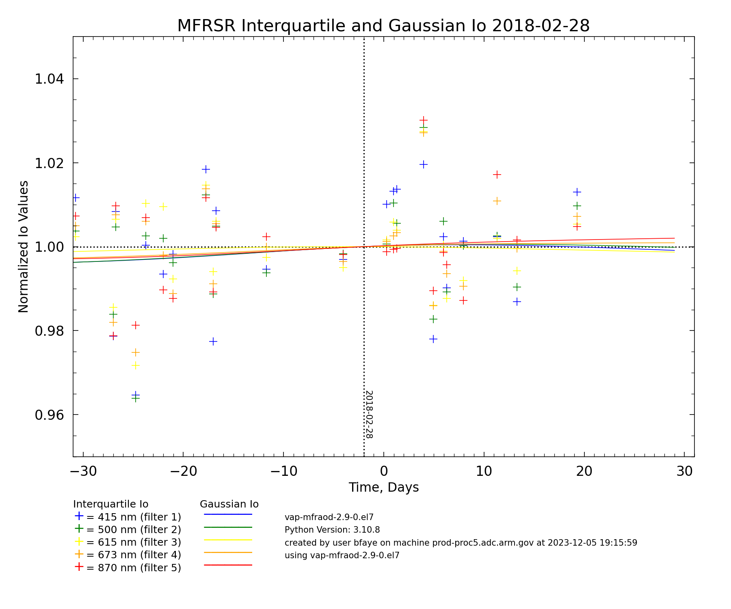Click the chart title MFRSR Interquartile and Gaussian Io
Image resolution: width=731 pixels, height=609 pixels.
point(383,26)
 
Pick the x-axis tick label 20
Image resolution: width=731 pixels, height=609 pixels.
point(584,471)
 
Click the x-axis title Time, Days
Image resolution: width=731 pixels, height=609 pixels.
point(383,487)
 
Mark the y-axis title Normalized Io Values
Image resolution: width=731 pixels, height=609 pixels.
point(24,246)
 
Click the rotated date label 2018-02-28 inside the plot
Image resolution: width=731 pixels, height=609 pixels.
point(369,415)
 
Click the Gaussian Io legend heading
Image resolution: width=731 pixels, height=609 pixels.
point(229,504)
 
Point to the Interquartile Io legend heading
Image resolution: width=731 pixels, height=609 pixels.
point(110,504)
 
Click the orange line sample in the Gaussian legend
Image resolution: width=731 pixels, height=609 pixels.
point(228,552)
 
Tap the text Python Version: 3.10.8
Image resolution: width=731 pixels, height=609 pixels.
point(332,530)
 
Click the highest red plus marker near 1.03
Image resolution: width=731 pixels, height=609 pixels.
point(424,120)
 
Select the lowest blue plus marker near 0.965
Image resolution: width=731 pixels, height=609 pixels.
point(136,395)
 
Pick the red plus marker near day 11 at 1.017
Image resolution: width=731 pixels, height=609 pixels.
point(497,175)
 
